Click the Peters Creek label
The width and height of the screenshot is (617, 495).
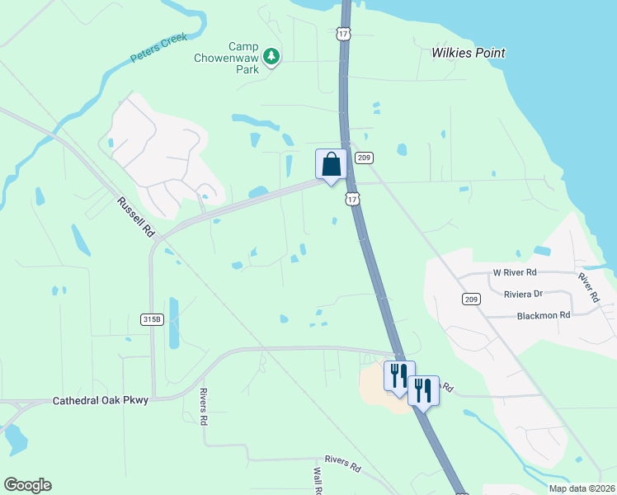(x=159, y=49)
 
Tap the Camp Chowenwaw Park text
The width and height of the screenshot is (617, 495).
(x=226, y=58)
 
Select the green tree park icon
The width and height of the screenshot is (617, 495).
(x=271, y=57)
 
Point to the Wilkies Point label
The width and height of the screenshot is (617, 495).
(x=469, y=53)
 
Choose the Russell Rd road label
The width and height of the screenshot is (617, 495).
(x=136, y=217)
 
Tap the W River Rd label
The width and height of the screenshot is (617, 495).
(x=515, y=271)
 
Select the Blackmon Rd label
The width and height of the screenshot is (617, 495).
(x=543, y=315)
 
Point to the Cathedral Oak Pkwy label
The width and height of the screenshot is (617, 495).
(x=101, y=400)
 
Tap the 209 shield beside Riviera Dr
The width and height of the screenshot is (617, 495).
(x=471, y=299)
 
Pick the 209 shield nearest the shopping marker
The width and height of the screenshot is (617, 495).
(x=366, y=158)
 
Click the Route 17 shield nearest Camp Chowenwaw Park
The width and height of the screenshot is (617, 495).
(x=343, y=33)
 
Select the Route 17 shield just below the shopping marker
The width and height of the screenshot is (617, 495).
(x=353, y=199)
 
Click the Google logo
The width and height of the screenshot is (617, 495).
(x=27, y=485)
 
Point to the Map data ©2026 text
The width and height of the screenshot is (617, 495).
(x=582, y=488)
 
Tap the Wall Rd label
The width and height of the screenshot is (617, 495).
(x=317, y=480)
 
